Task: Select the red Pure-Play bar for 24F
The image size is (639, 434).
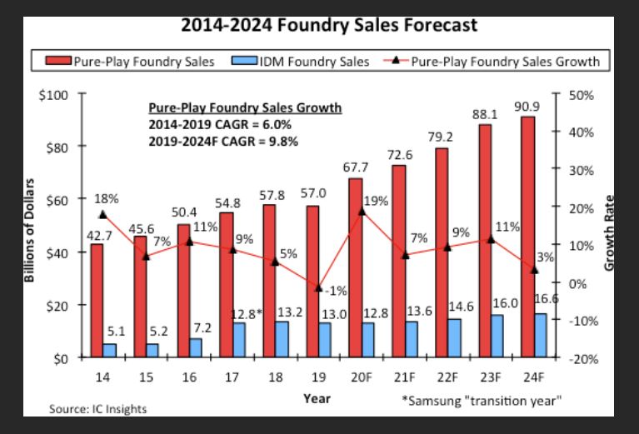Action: (x=527, y=237)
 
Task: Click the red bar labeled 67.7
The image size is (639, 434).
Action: (x=355, y=267)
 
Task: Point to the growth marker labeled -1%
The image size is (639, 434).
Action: (x=317, y=287)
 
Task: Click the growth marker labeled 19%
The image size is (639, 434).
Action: (x=361, y=212)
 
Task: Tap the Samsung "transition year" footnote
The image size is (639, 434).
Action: (x=482, y=401)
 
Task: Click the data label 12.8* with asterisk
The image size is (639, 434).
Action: (x=246, y=313)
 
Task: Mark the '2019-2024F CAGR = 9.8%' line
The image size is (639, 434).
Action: (x=222, y=141)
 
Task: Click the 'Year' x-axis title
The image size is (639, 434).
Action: (x=317, y=398)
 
